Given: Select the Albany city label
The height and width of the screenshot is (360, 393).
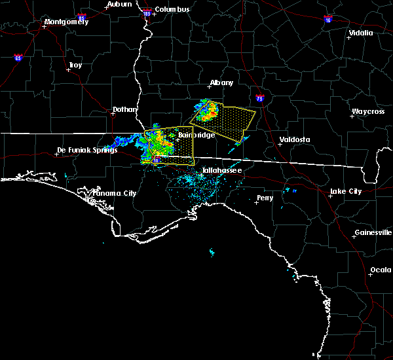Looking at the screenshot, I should [221, 83].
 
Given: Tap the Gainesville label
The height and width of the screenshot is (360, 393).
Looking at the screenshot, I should [373, 232].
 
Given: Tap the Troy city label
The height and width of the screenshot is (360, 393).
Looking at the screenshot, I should [75, 65].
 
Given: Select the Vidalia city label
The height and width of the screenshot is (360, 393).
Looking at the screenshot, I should [361, 33].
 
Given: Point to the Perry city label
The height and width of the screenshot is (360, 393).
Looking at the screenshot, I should [265, 197].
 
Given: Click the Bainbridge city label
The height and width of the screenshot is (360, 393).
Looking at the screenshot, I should [193, 135].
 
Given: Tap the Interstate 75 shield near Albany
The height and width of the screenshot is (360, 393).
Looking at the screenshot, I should [260, 98].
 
